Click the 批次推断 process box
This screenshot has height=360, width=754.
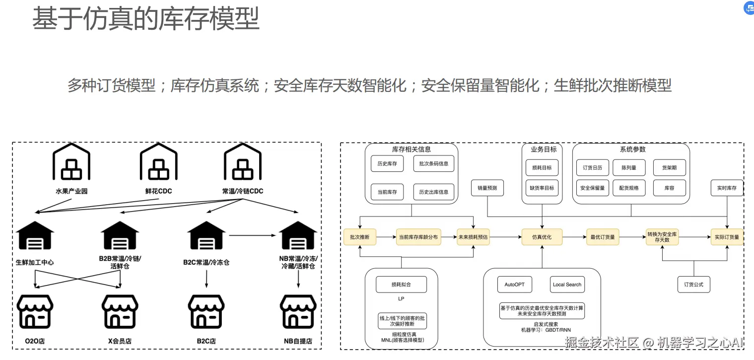[x=360, y=237]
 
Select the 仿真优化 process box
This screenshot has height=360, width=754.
[x=542, y=237]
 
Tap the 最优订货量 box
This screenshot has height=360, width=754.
[x=603, y=237]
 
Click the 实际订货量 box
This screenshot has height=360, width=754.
[x=727, y=237]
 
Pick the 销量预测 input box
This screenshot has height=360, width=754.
[x=487, y=188]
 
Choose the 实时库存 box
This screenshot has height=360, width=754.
[x=727, y=188]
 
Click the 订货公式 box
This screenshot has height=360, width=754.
[x=693, y=285]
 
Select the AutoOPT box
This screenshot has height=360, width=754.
[x=514, y=285]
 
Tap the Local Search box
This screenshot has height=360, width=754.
[x=567, y=285]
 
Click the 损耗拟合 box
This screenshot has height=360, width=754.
[x=401, y=285]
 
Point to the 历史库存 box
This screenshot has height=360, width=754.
[x=387, y=163]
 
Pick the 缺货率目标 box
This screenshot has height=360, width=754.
[x=542, y=188]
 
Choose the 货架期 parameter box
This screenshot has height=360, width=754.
[x=669, y=168]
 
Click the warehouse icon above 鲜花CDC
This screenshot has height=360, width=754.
[x=158, y=162]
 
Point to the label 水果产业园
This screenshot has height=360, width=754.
[x=71, y=191]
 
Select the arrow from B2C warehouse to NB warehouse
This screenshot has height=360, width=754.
[x=252, y=235]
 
